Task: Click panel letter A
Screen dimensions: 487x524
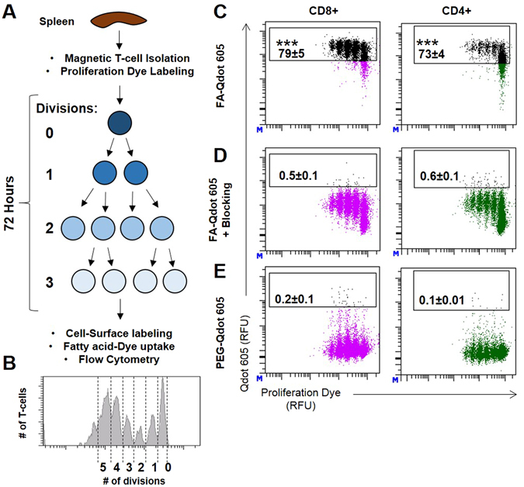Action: (x=10, y=10)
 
